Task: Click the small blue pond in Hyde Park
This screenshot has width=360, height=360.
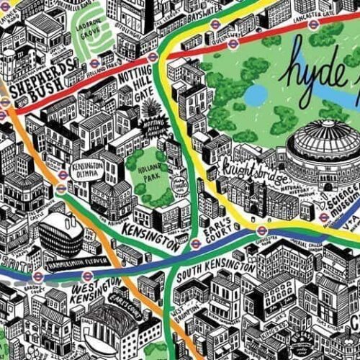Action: coord(255,94)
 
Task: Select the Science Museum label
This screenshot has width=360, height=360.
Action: coord(343,192)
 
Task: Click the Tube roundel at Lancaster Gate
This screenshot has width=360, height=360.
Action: coord(312,23)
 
